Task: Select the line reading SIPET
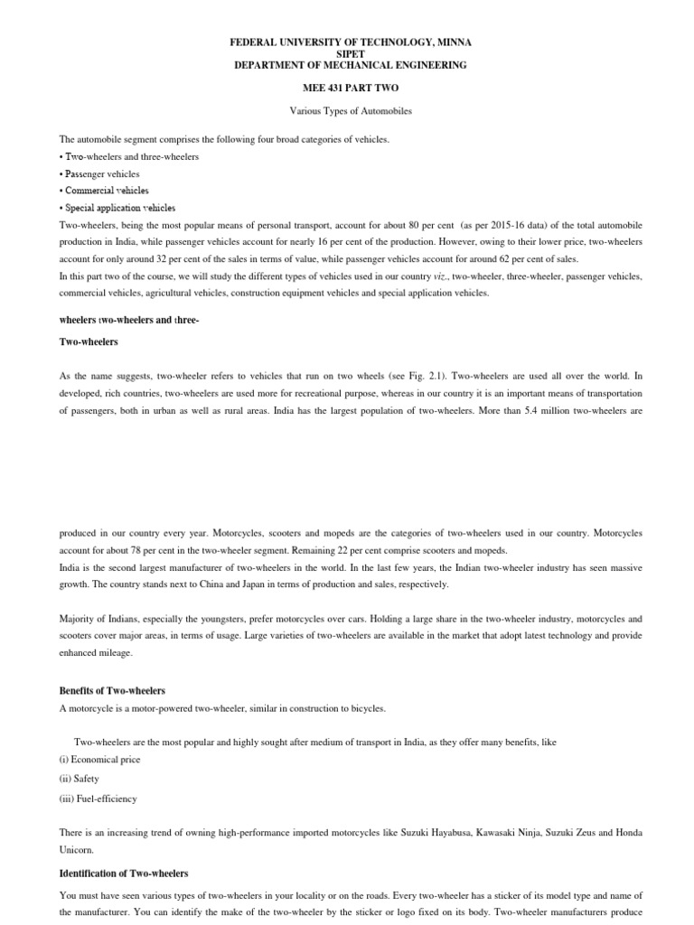tap(347, 53)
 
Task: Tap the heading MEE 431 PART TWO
tap(347, 88)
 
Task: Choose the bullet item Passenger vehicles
tap(102, 173)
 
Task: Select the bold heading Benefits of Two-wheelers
tap(112, 691)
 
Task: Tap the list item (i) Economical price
tap(100, 760)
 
